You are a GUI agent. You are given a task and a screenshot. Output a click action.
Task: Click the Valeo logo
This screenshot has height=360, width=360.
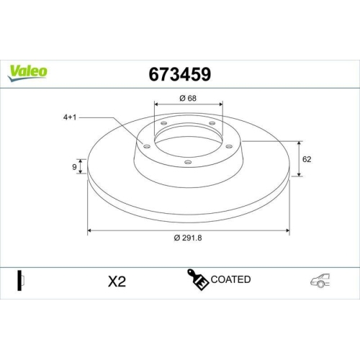27,71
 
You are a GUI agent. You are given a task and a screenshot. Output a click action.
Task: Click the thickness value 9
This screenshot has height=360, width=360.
73,167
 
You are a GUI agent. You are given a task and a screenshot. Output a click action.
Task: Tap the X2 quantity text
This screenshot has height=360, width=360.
117,281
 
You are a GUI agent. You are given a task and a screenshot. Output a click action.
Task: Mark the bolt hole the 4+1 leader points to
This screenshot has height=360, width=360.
147,146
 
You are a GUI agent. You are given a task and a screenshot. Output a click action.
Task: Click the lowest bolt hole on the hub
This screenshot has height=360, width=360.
188,162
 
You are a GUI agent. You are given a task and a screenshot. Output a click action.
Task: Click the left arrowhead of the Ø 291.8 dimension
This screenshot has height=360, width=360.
90,231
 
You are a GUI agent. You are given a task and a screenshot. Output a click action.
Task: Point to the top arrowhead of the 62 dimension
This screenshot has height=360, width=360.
298,142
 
